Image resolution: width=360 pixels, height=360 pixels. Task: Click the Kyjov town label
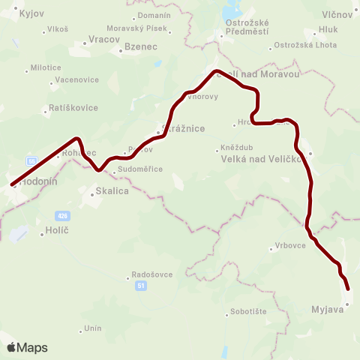tap(32, 13)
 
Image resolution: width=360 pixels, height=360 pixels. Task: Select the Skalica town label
tap(112, 191)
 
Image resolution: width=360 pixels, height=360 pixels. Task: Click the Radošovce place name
tap(152, 274)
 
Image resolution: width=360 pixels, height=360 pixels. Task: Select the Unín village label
tap(92, 328)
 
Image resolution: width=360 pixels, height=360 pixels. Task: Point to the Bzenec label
tap(140, 46)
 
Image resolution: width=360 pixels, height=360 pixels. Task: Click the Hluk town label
tap(328, 30)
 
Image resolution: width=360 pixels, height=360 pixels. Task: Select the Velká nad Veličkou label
tap(262, 159)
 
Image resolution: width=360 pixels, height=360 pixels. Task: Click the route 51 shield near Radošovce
tap(141, 285)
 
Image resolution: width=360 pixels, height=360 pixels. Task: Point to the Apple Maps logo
tap(27, 347)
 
